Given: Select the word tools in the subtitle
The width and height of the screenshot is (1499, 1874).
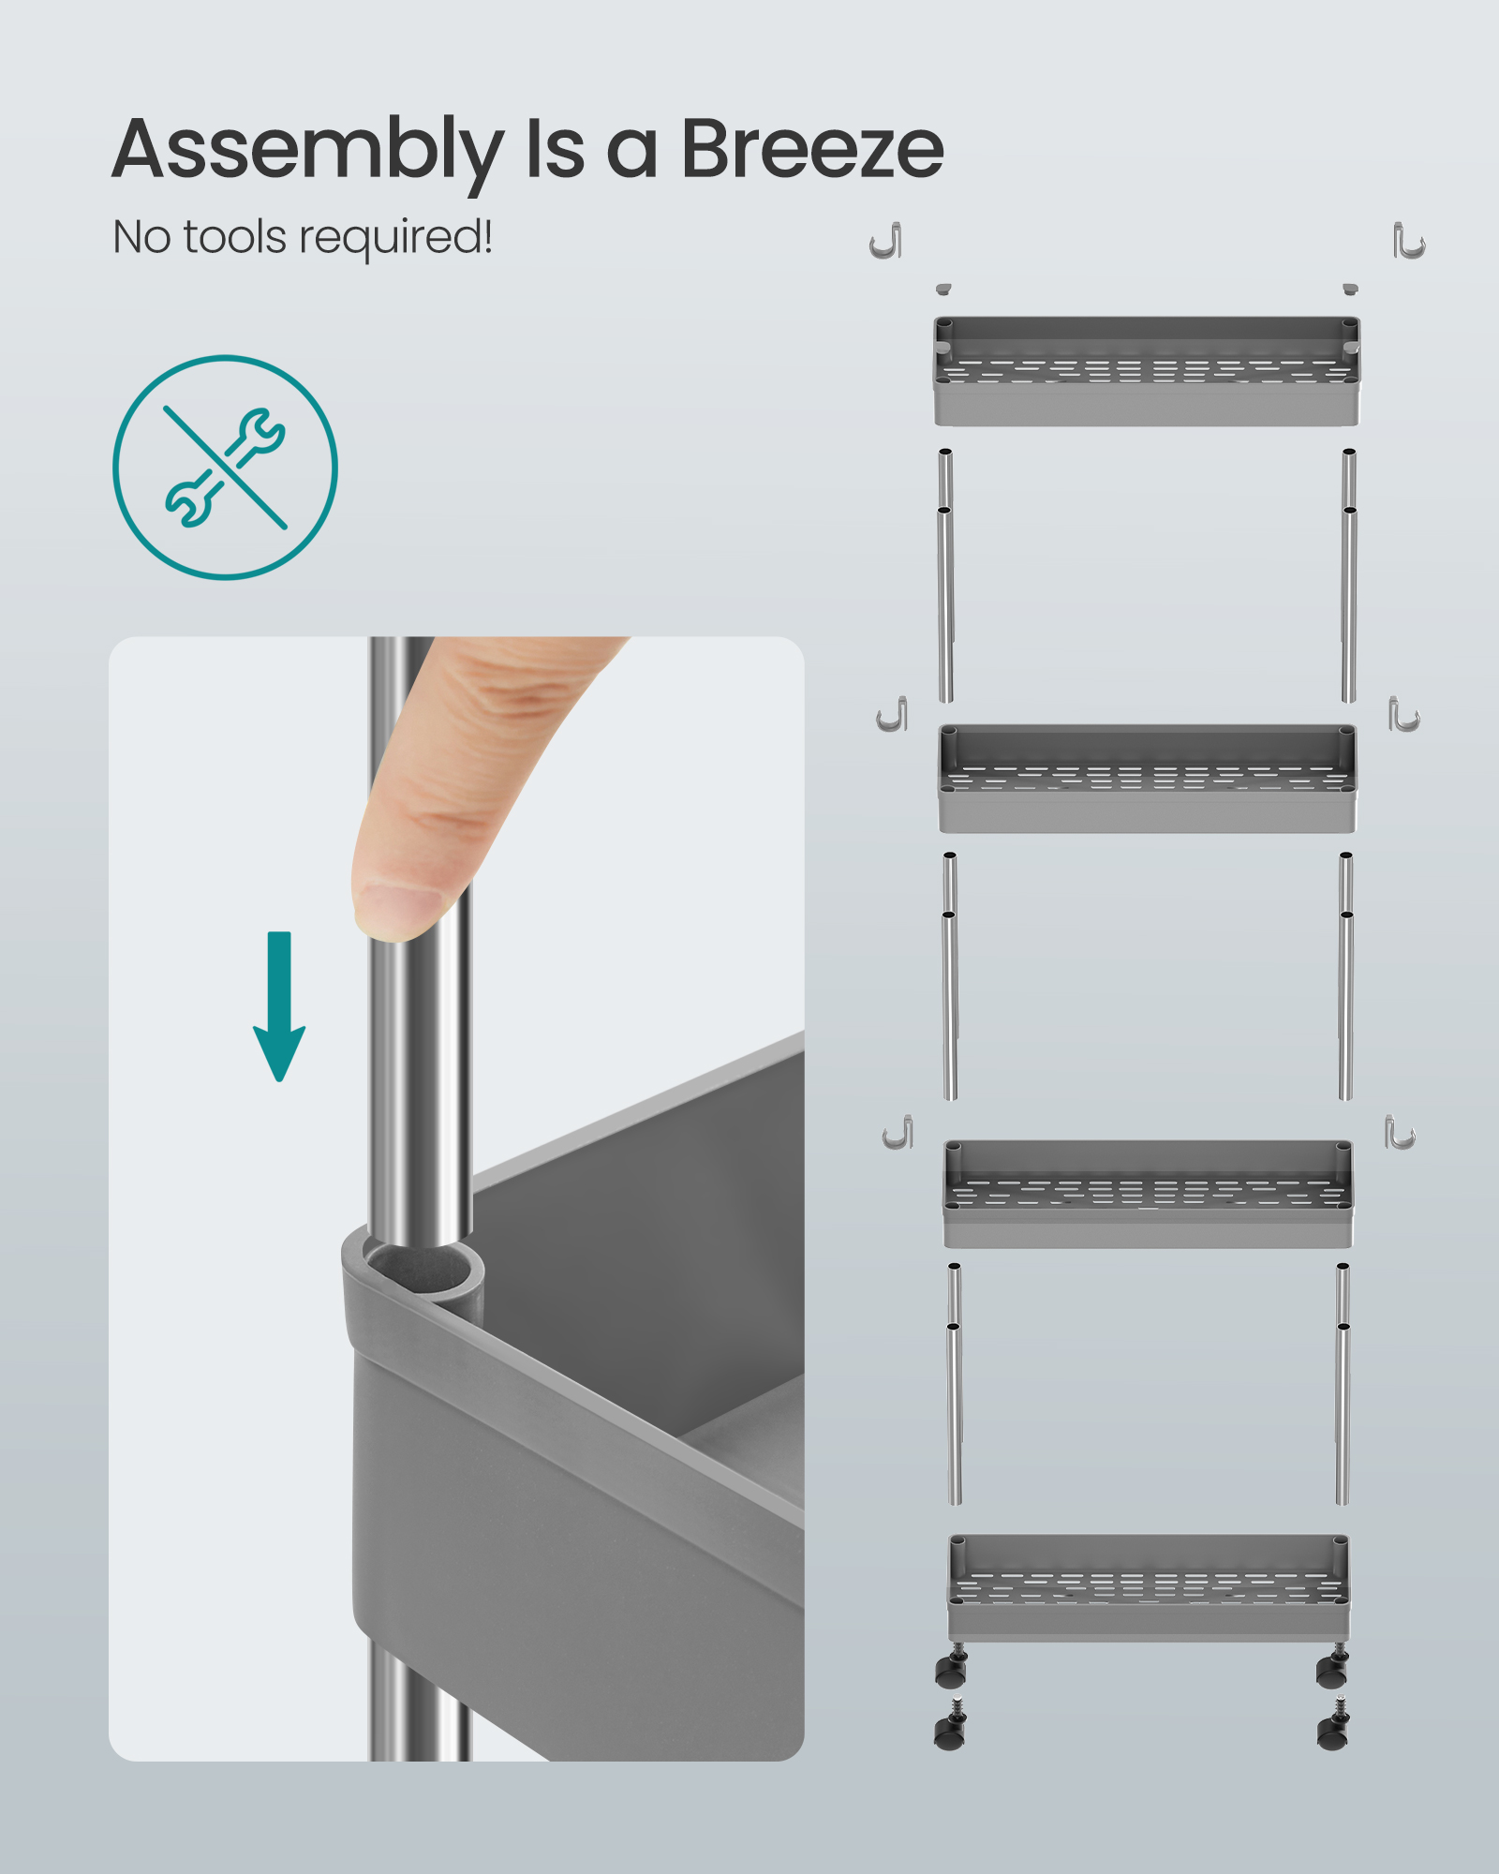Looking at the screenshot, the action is (234, 236).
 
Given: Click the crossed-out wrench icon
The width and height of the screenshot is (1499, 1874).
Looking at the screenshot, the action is (225, 467).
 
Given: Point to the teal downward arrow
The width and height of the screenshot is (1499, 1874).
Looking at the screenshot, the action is (279, 1006).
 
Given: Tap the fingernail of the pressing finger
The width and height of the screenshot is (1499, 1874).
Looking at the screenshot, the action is (398, 908).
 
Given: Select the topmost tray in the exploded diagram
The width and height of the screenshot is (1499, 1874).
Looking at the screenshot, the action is (1147, 371).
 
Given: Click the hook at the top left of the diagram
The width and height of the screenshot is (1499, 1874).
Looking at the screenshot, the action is (886, 241).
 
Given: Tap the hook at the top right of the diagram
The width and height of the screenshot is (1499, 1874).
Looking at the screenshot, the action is (1408, 241).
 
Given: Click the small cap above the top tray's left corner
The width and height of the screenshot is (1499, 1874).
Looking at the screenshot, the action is (943, 290).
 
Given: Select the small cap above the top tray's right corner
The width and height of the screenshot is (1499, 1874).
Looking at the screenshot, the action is (1350, 290).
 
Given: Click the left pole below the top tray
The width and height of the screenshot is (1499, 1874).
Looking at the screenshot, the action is (946, 575).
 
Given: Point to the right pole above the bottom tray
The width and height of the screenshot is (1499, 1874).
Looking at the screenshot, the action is (1343, 1384).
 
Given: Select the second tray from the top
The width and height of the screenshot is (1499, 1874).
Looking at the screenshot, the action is (1147, 779).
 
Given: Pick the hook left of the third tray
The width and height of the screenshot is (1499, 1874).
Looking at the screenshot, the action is (898, 1133).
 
